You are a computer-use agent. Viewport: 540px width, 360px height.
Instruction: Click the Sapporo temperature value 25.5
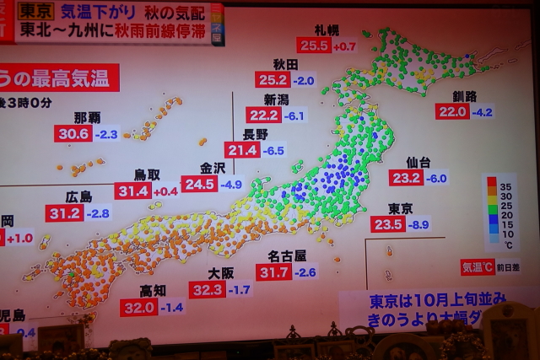(x=314, y=46)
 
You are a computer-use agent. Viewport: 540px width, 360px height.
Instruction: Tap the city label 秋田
(x=286, y=64)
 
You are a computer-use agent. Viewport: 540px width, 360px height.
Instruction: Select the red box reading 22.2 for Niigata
(x=264, y=115)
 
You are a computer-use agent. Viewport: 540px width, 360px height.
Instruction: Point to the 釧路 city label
(x=464, y=96)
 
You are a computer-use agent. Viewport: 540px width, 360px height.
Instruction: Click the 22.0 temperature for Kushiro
(x=452, y=111)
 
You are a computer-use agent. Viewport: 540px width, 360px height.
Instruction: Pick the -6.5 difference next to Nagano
(x=273, y=150)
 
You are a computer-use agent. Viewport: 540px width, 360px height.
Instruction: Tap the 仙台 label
(x=418, y=162)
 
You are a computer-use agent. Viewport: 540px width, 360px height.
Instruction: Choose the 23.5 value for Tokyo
(x=388, y=224)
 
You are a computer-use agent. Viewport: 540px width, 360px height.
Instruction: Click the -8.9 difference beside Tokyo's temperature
(x=418, y=224)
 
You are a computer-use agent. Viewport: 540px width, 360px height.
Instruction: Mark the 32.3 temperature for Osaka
(x=208, y=290)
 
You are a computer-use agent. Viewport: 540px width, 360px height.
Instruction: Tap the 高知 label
(x=153, y=291)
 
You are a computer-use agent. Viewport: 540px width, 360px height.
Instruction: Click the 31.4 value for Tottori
(x=133, y=191)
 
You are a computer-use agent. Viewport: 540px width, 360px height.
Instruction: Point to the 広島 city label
(x=78, y=196)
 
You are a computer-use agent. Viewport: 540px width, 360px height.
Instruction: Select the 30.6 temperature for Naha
(x=73, y=133)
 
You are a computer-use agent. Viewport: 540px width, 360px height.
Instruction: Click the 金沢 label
(x=212, y=168)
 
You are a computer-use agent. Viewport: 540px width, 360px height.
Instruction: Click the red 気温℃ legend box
(x=477, y=267)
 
